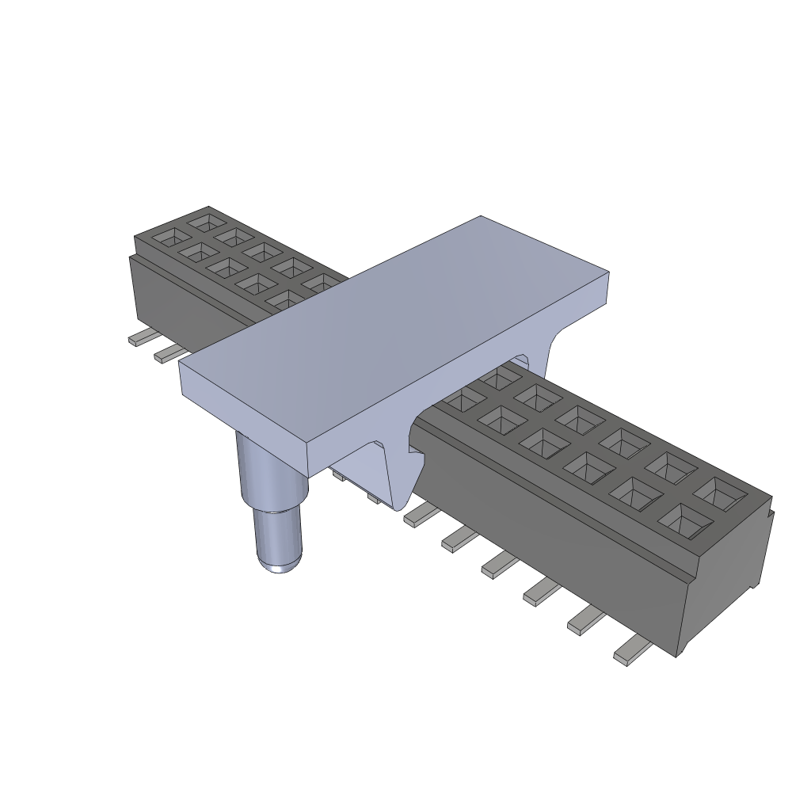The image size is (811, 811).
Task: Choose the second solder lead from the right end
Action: [586, 620]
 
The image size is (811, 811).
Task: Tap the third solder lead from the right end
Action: [542, 592]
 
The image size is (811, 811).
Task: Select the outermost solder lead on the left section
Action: [143, 338]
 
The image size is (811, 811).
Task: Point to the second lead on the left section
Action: [170, 354]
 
